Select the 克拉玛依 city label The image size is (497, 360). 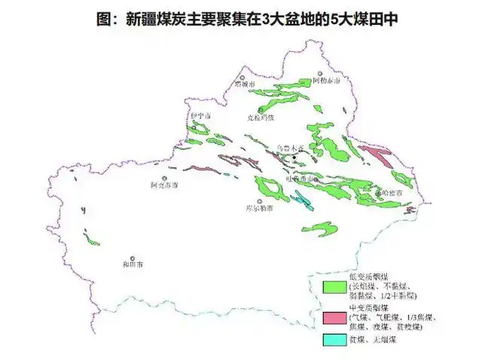(261, 117)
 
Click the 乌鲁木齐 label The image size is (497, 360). (290, 149)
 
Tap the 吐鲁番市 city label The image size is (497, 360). (302, 178)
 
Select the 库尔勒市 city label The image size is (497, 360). (259, 209)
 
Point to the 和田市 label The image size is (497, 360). (133, 265)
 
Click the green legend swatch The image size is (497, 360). (334, 287)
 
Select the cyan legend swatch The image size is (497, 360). (334, 341)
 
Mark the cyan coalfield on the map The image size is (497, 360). (303, 200)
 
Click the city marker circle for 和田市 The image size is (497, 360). (133, 258)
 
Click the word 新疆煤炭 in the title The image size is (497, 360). (152, 20)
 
